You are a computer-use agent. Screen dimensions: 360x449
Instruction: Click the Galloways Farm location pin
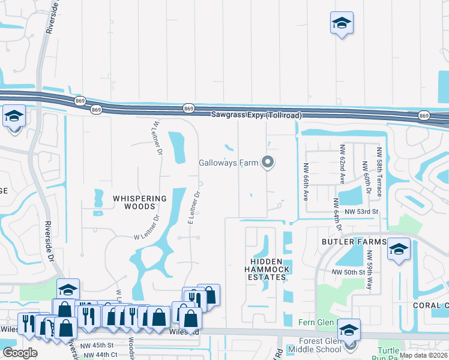(268, 163)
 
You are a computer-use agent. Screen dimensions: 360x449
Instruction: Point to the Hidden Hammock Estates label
(268, 269)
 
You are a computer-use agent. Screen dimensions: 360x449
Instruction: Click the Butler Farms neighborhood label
(353, 241)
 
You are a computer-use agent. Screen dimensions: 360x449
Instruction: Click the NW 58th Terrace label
(379, 171)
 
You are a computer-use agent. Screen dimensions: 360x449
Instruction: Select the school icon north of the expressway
(342, 24)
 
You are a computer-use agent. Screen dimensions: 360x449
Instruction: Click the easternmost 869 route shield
(424, 115)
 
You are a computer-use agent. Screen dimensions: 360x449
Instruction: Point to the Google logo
(20, 352)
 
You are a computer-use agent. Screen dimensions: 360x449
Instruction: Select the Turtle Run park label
(393, 353)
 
